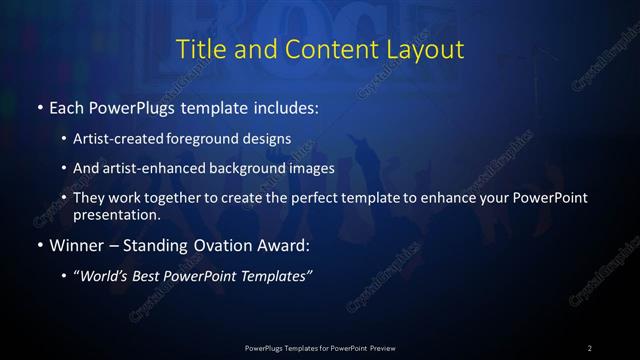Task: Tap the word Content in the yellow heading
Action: (x=323, y=49)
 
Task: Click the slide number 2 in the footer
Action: (x=590, y=347)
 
